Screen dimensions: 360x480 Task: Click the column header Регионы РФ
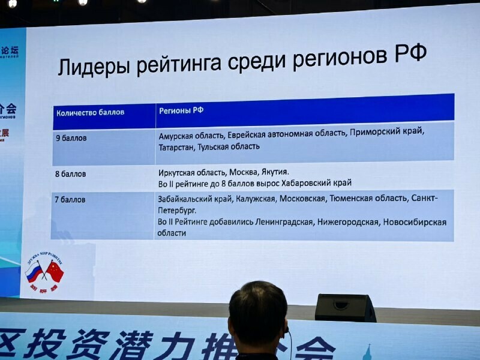(181, 110)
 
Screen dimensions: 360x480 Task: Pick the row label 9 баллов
(71, 138)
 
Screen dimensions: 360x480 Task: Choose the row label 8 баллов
(71, 174)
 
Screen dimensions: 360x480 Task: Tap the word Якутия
(277, 172)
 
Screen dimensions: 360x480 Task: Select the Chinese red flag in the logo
(55, 272)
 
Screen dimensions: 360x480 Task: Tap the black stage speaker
(344, 307)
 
